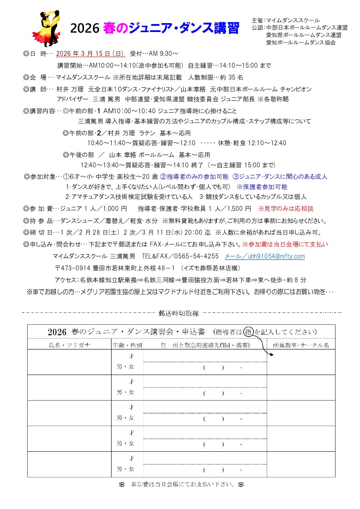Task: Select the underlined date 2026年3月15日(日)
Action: (91, 54)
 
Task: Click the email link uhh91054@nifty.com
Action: (265, 256)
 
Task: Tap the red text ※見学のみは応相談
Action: (286, 209)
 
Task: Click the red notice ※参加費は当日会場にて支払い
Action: (285, 244)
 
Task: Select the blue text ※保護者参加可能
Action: (262, 187)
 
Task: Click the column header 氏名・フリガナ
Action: (69, 345)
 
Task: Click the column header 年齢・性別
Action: (127, 345)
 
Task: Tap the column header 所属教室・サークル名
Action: (301, 345)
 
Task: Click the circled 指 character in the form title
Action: (249, 332)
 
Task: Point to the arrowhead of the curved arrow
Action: (272, 355)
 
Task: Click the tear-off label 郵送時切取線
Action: (179, 313)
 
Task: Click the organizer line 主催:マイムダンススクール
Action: (286, 20)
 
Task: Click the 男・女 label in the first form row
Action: (125, 367)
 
